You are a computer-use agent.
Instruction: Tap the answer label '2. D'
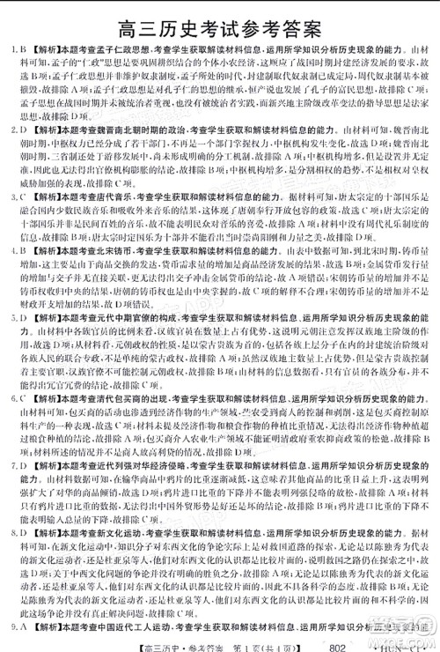(x=17, y=130)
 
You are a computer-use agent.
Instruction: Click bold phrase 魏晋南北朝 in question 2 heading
(x=114, y=130)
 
